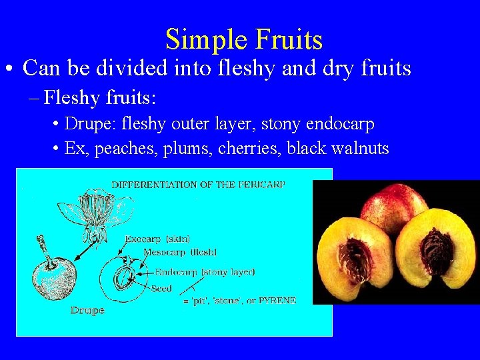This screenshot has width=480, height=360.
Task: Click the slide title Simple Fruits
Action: click(244, 39)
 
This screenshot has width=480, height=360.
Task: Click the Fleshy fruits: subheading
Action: click(99, 98)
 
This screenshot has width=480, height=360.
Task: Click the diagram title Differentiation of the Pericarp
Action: click(198, 185)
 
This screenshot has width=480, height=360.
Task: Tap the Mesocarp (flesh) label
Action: click(180, 252)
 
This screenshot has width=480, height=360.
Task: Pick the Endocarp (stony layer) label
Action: click(204, 272)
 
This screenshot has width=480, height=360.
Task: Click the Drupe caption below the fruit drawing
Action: click(87, 311)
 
